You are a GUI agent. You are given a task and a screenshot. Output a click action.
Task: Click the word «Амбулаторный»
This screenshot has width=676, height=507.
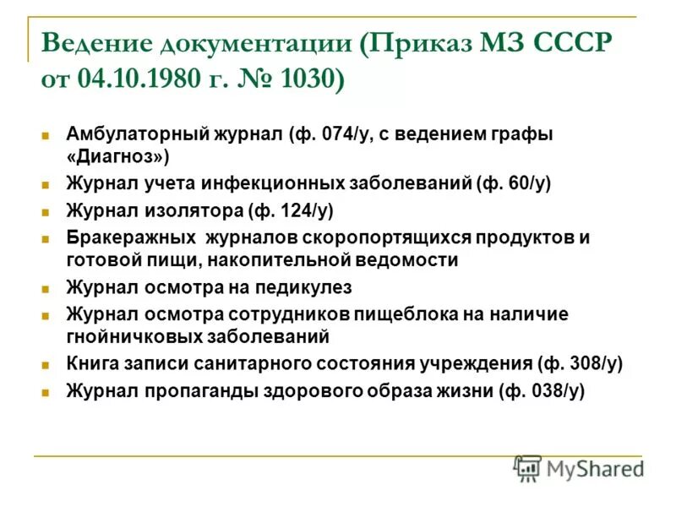click(x=131, y=134)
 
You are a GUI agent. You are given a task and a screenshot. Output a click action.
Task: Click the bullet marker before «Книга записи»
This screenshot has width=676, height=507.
click(x=46, y=365)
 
